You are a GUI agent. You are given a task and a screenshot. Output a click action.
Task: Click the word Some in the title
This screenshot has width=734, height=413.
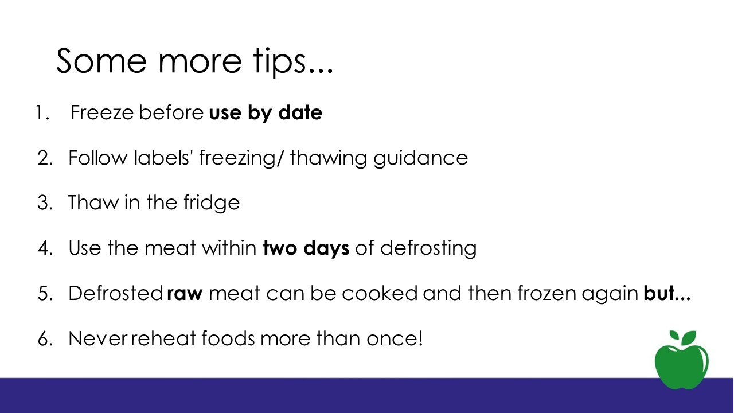tap(101, 61)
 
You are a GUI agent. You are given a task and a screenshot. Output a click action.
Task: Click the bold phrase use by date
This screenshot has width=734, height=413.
tap(266, 113)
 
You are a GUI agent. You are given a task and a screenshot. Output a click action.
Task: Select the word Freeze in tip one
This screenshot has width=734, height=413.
tap(102, 113)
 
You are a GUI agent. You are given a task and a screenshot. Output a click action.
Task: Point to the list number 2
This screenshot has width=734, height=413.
tap(45, 158)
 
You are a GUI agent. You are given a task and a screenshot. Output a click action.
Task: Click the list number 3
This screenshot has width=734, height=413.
tap(45, 203)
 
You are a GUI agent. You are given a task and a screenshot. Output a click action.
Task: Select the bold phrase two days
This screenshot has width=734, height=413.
tap(306, 248)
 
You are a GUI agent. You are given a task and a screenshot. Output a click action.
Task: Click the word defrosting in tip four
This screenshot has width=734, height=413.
tap(428, 248)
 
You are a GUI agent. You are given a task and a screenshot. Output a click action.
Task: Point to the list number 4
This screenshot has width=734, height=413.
tap(45, 248)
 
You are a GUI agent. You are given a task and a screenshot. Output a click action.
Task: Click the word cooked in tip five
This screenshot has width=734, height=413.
tap(380, 293)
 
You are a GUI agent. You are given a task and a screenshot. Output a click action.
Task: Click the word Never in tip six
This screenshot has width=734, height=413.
tap(97, 338)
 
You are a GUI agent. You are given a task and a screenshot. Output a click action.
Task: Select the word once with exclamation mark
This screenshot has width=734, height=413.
tap(395, 338)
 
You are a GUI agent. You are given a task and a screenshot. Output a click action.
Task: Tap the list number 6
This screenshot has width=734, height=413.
tap(45, 338)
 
